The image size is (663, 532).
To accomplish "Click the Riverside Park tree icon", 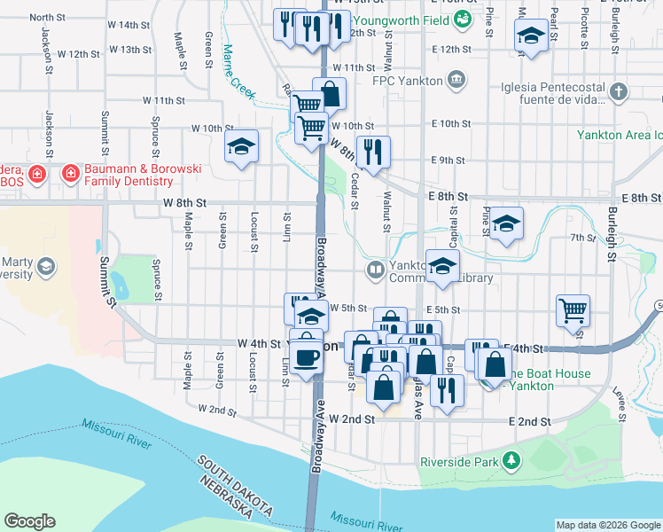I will (x=511, y=460).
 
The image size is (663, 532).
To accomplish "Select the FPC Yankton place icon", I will (x=456, y=80).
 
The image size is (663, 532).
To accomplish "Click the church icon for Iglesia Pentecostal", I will (x=618, y=91).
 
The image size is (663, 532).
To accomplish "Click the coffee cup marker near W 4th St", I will (x=307, y=356).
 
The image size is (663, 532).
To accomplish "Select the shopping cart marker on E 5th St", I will (x=573, y=309).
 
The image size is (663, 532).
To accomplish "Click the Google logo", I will (x=29, y=521).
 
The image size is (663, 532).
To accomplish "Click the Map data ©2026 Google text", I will (x=607, y=525).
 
